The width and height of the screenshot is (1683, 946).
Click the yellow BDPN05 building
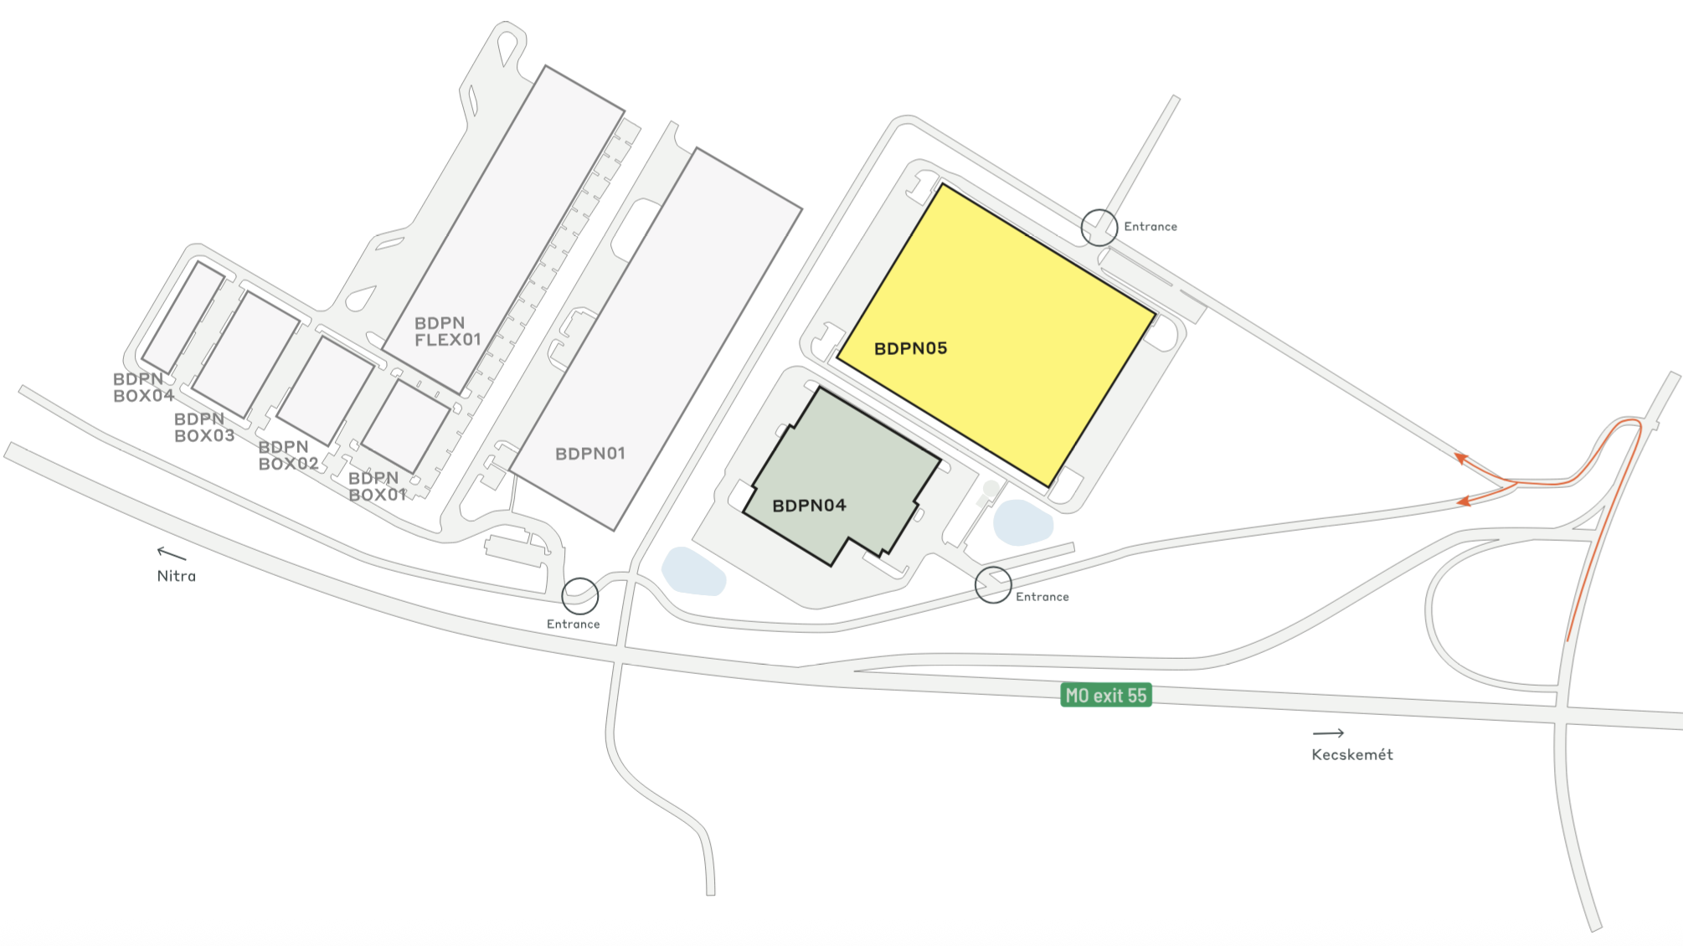point(996,335)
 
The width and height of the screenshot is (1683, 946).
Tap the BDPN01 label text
point(590,454)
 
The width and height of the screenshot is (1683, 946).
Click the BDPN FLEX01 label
point(448,332)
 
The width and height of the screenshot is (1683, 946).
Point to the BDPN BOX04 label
point(143,388)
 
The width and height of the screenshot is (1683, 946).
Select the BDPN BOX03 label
point(203,427)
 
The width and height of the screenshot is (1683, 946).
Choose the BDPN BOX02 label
point(288,455)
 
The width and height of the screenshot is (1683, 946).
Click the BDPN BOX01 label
point(377,486)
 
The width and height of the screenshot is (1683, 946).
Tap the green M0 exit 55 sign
point(1105,696)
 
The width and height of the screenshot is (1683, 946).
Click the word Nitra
point(176,576)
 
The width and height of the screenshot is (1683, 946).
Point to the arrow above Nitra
point(171,553)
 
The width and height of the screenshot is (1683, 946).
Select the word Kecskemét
point(1351,754)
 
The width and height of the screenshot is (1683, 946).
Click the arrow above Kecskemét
point(1328,733)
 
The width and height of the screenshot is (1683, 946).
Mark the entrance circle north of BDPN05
point(1099,228)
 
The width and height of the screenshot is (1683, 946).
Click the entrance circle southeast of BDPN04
point(993,584)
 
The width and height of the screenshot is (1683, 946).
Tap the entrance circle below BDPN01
point(579,595)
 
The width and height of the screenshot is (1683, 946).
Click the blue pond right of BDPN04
point(1022,522)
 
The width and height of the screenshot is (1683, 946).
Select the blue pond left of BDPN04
point(693,571)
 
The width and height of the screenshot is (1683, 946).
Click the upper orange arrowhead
point(1461,459)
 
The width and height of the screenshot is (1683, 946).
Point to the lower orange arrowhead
point(1464,501)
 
